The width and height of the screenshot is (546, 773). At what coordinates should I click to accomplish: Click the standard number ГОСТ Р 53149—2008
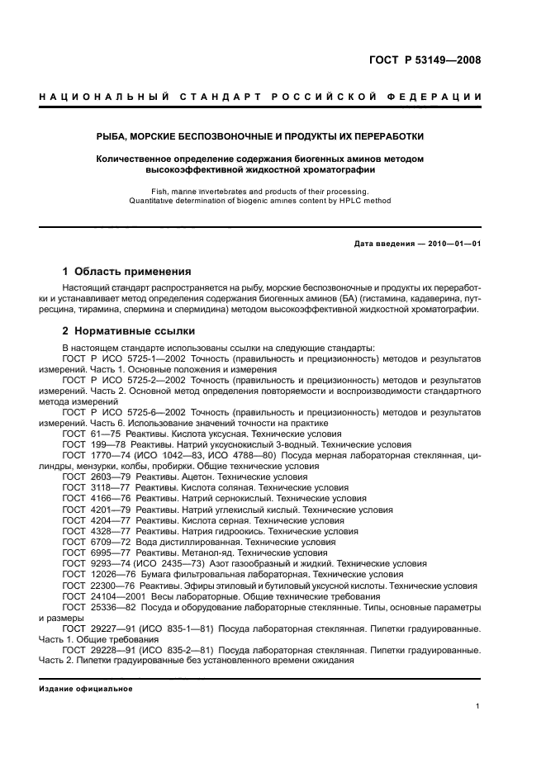[x=425, y=60]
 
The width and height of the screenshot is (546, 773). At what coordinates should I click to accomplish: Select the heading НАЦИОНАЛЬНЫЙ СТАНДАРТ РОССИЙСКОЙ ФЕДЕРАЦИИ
[x=260, y=97]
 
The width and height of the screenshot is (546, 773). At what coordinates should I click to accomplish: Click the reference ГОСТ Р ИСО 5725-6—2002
[x=121, y=411]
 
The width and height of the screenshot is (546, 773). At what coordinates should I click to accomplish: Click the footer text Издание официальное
[x=80, y=688]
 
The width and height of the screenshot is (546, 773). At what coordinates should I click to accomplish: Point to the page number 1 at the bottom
[x=478, y=706]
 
